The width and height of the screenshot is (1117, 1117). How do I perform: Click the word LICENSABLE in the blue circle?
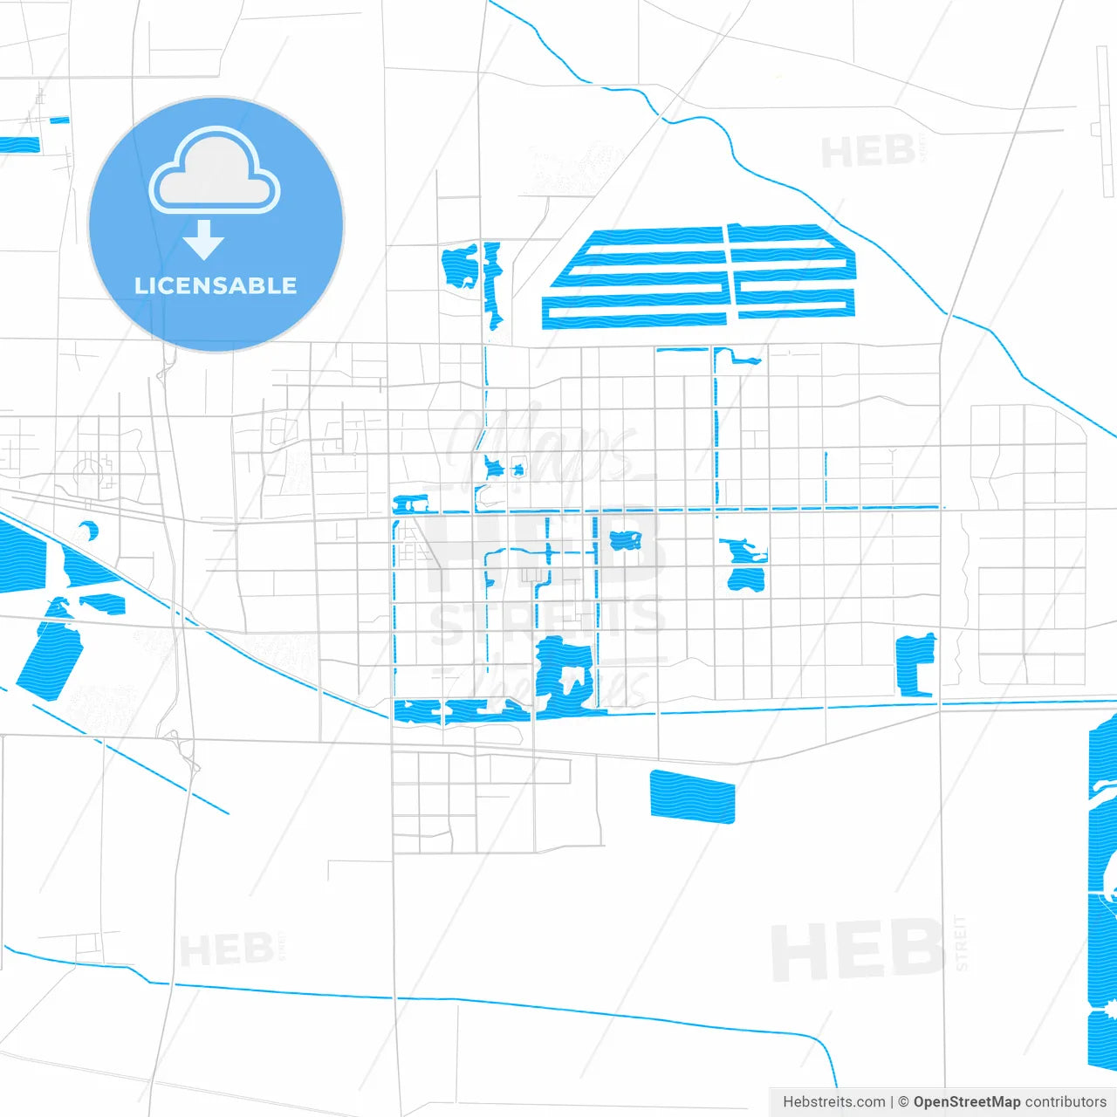coord(216,285)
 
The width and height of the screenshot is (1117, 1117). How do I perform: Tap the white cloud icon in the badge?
coord(215,174)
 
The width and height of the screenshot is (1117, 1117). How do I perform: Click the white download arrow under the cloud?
coord(204,240)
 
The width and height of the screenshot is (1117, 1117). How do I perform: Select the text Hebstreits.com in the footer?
coord(833,1102)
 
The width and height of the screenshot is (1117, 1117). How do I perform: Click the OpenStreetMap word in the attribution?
coord(966,1102)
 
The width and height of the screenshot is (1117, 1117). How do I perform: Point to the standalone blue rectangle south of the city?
coord(692,797)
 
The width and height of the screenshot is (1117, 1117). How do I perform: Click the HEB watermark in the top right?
coord(869,153)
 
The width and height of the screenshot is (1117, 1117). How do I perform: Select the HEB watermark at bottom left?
coord(227,949)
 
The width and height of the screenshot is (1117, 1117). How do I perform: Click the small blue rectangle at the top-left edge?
coord(19,145)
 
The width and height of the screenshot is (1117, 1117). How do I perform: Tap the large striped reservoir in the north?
coord(698,277)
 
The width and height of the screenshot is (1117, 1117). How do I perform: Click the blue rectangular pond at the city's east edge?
coord(915,665)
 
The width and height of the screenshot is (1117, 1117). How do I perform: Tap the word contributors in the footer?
coord(1065,1102)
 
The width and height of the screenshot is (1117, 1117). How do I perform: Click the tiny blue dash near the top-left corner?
coord(59,120)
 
